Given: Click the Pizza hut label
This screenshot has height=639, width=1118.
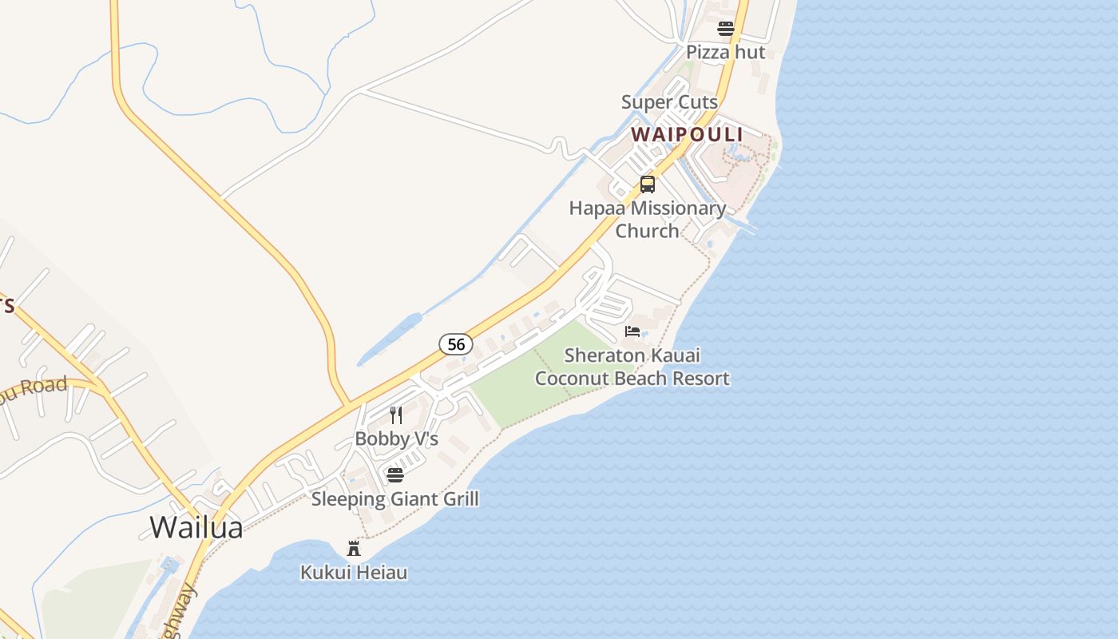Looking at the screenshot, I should pyautogui.click(x=725, y=53).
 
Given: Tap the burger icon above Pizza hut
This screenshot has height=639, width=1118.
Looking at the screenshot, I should pyautogui.click(x=725, y=30).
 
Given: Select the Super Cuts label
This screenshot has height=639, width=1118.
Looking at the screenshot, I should pyautogui.click(x=669, y=102).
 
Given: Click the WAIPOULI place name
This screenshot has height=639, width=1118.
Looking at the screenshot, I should pyautogui.click(x=687, y=135).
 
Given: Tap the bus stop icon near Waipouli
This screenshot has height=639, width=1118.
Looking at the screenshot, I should pyautogui.click(x=647, y=185).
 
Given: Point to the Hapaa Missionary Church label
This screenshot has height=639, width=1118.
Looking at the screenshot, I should pyautogui.click(x=647, y=209).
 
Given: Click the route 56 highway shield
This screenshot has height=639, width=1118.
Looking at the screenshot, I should pyautogui.click(x=456, y=344).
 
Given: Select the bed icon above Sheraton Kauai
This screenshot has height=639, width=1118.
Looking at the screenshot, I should pyautogui.click(x=632, y=331).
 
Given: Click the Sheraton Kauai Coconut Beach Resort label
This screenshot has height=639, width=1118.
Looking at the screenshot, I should pyautogui.click(x=632, y=367).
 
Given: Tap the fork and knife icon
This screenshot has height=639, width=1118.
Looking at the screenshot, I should pyautogui.click(x=396, y=415).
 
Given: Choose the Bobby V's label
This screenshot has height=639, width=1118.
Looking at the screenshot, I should pyautogui.click(x=396, y=439).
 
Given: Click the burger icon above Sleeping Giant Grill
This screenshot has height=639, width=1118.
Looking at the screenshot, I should pyautogui.click(x=395, y=475).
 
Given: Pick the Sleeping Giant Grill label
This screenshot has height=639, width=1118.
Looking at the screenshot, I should pyautogui.click(x=394, y=500).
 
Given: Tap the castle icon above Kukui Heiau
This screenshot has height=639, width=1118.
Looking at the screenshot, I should pyautogui.click(x=354, y=548).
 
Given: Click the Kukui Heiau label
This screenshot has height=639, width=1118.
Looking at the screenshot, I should pyautogui.click(x=354, y=573).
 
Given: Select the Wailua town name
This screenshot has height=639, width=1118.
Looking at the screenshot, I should pyautogui.click(x=196, y=527).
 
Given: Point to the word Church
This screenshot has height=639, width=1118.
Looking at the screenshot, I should pyautogui.click(x=647, y=231).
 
